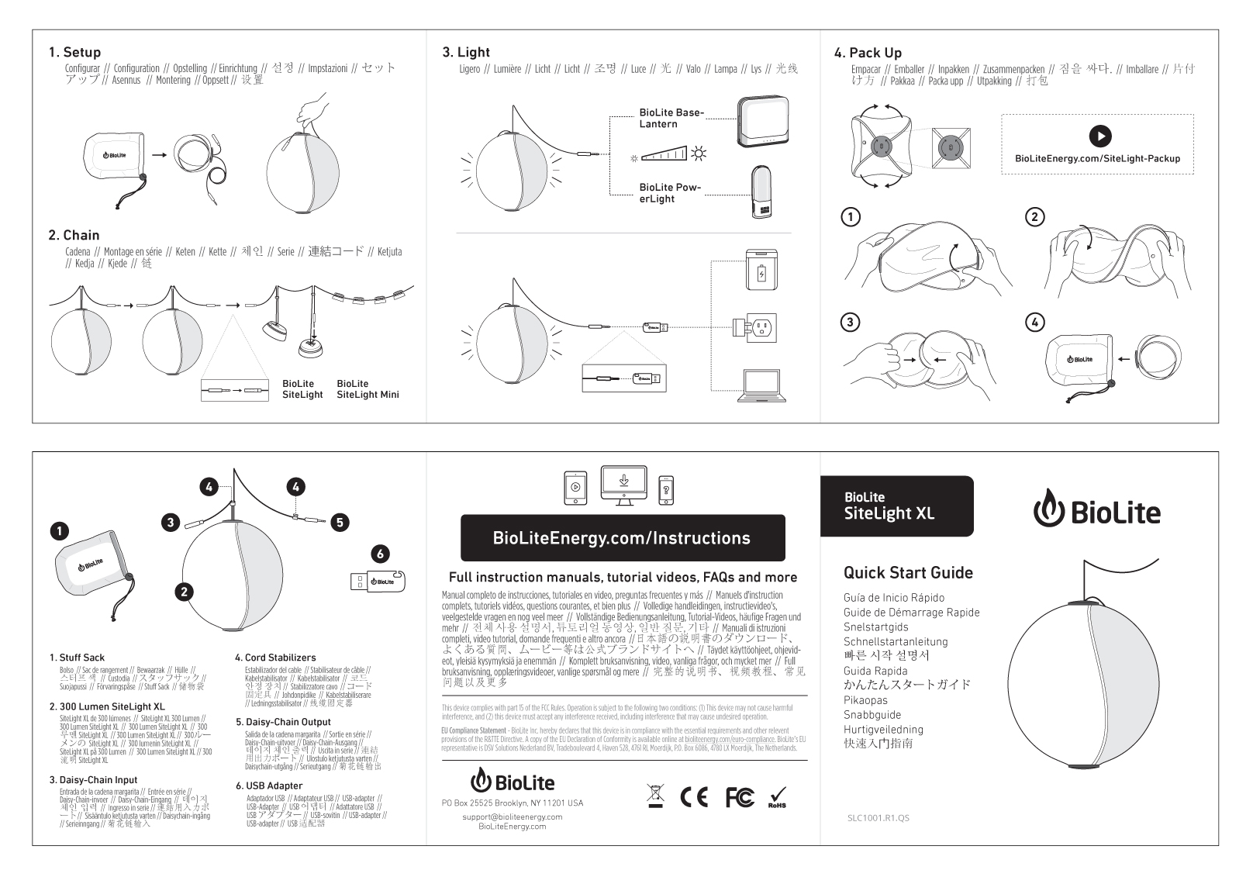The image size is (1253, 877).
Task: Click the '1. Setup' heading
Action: click(74, 52)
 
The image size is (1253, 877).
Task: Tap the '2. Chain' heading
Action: click(74, 235)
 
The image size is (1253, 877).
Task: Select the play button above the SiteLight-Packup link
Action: click(1099, 136)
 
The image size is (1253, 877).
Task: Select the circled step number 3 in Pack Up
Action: click(851, 322)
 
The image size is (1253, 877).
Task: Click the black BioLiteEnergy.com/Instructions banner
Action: click(622, 538)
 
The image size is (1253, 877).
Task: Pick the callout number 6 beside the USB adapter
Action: click(380, 554)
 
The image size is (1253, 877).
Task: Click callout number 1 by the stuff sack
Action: click(59, 531)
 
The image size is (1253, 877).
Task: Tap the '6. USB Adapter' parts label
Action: click(268, 786)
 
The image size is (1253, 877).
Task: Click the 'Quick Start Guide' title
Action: click(908, 573)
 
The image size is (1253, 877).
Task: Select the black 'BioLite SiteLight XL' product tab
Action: click(896, 506)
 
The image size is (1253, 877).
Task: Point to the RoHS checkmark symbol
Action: click(777, 797)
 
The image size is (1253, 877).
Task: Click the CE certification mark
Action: click(694, 797)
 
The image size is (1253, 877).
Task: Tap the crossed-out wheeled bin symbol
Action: click(656, 796)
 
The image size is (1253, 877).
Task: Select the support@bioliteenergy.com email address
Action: click(512, 817)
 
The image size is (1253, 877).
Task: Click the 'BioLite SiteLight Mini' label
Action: click(368, 389)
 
